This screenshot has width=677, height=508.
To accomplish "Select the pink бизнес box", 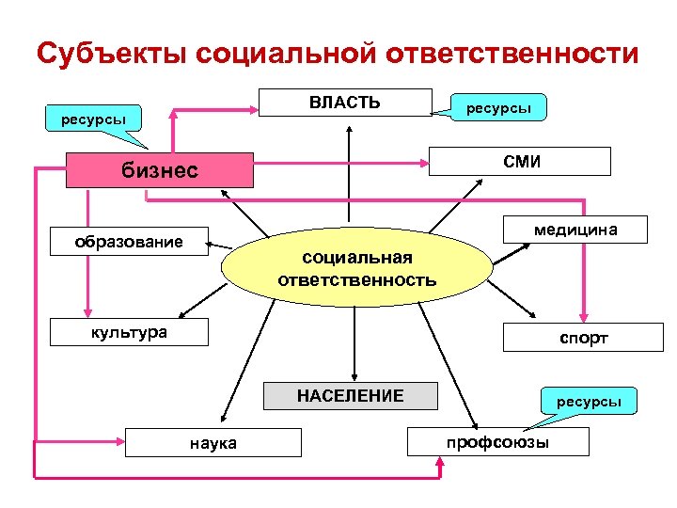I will click(x=161, y=170).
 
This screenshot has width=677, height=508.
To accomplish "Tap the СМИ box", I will click(x=520, y=162).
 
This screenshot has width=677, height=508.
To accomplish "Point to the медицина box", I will click(x=575, y=230).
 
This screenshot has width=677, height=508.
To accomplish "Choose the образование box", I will click(x=129, y=242).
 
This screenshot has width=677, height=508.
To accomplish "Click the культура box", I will click(x=129, y=332).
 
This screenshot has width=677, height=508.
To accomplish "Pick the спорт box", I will click(x=584, y=337).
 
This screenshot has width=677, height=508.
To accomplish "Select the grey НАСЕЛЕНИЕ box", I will click(x=350, y=396).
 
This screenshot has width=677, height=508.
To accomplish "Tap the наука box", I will click(x=213, y=442).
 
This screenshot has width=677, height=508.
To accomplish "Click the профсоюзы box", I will click(x=497, y=441).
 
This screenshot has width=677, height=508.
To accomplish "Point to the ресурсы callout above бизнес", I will click(x=94, y=119).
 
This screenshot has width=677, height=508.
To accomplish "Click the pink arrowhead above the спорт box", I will click(x=584, y=317).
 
